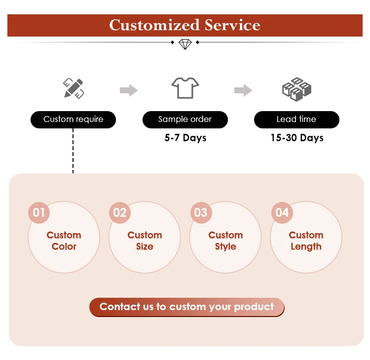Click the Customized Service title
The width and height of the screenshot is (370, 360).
coord(185,25)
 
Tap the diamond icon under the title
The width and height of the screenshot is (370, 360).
coord(185,44)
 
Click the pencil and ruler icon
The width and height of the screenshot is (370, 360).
coord(74,89)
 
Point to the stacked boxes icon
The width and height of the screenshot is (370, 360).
coord(296,89)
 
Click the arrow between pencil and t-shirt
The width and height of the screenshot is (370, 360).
coord(129,90)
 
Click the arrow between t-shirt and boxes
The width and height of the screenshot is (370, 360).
coord(243,90)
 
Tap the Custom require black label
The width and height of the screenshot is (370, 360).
coord(74,120)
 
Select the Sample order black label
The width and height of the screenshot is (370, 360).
coord(185,120)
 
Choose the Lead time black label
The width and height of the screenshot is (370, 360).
coord(296,120)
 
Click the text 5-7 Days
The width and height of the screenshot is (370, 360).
coord(185,138)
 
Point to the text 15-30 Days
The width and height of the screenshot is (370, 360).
coord(297,138)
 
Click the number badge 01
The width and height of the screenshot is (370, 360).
coord(39,213)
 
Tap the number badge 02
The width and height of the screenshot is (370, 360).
coord(120,213)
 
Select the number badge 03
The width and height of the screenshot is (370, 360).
coord(201,213)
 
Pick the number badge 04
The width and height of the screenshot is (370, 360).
coord(282,213)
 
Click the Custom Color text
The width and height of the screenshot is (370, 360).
coord(64,241)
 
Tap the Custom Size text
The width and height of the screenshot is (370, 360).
coord(145,241)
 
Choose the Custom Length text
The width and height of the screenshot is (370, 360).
coord(306,241)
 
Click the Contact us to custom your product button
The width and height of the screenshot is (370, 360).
coord(186,307)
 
